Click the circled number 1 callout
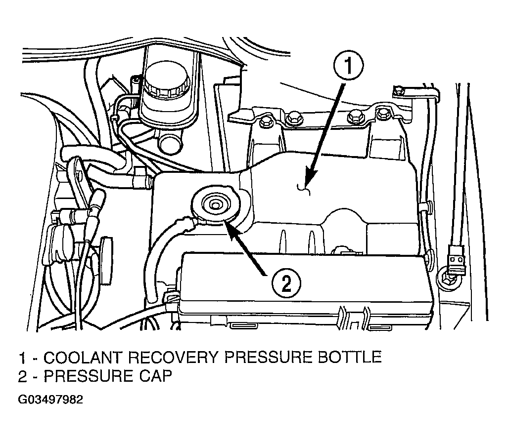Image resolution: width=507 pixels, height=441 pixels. [348, 66]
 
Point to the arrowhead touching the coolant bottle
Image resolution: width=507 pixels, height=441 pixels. [307, 182]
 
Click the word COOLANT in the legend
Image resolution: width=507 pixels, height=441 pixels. [84, 358]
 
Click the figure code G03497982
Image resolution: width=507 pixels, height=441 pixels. [51, 400]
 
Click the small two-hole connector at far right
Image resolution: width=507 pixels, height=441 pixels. [455, 259]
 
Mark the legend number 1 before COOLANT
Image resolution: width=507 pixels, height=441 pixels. [22, 358]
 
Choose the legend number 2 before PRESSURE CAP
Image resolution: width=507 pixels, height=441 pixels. [23, 376]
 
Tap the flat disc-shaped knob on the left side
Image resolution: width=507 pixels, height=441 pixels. [107, 259]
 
